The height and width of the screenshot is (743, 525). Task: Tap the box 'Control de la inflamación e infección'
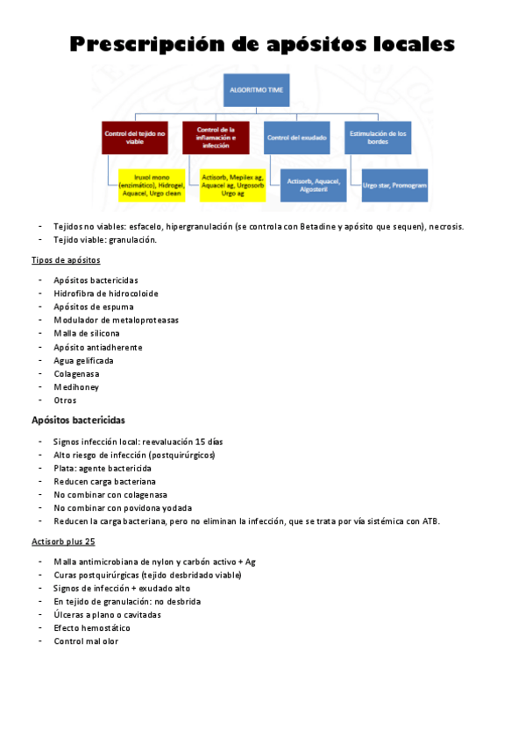(x=215, y=138)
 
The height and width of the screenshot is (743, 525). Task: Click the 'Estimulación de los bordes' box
(x=378, y=138)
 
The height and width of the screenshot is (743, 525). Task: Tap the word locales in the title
(x=411, y=44)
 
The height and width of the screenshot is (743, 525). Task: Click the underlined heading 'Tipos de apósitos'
(x=66, y=260)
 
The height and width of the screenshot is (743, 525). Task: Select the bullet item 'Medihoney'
(x=75, y=387)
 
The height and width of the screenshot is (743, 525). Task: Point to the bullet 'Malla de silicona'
(x=87, y=334)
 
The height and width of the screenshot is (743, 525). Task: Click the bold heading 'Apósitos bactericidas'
(x=78, y=421)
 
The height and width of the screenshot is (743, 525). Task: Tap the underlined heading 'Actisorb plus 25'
(x=63, y=542)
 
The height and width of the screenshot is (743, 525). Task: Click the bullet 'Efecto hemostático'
(x=91, y=628)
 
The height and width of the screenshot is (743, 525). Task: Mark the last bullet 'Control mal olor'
(x=86, y=641)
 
